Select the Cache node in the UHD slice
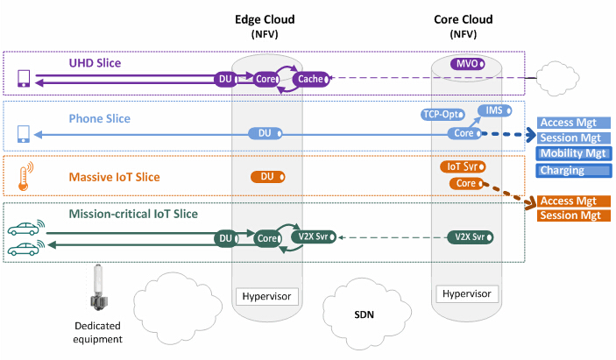point(311,80)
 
